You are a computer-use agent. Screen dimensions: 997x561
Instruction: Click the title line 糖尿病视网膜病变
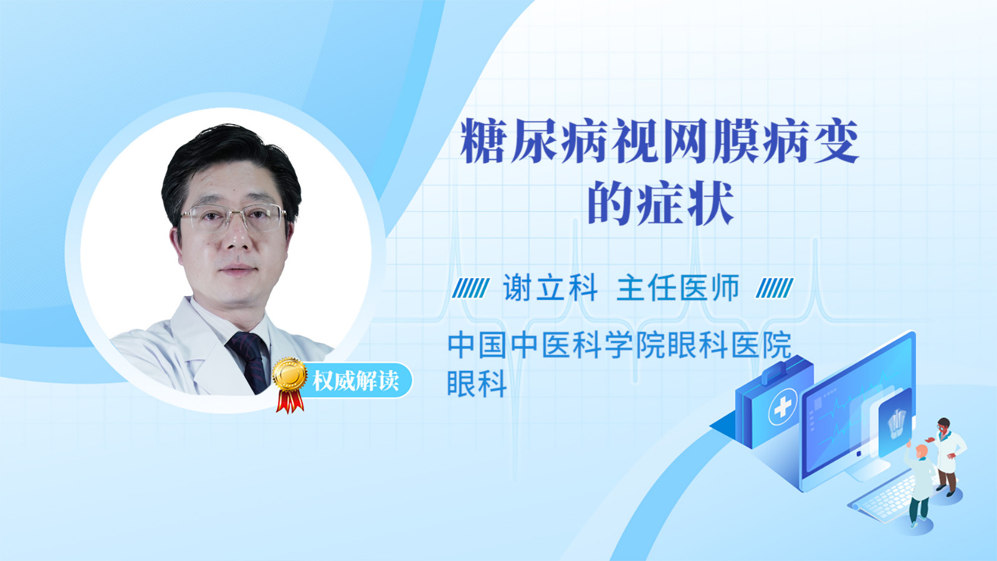click(659, 141)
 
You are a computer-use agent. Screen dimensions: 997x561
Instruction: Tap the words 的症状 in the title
click(661, 203)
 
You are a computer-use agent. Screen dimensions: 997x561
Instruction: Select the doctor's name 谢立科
click(550, 287)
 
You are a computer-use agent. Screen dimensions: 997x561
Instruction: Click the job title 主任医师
click(678, 287)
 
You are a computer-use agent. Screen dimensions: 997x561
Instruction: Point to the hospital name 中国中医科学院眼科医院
click(619, 345)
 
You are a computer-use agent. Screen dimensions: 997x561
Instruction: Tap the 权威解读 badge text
click(355, 381)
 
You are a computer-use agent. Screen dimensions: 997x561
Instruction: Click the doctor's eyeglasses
click(233, 218)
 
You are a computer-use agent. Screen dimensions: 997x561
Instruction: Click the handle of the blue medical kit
click(783, 369)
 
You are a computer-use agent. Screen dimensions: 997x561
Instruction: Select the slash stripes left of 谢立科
click(471, 288)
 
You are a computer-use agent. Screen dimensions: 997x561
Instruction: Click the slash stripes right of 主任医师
click(775, 288)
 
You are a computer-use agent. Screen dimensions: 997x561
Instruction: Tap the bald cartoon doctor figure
click(919, 486)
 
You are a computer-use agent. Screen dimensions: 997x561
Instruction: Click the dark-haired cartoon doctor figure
click(947, 456)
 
